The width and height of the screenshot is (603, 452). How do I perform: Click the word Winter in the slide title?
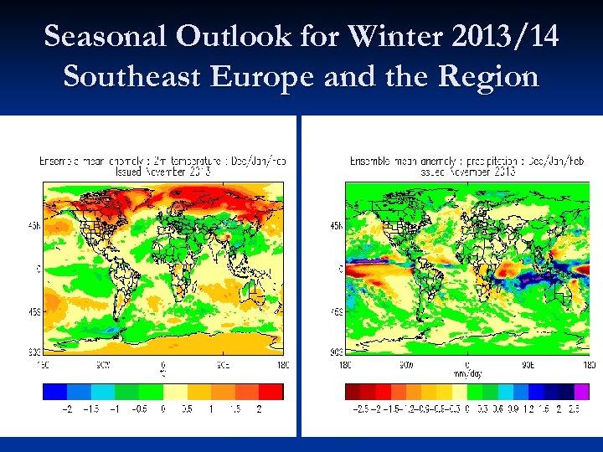(x=393, y=37)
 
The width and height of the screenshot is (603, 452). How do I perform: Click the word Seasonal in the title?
(x=106, y=37)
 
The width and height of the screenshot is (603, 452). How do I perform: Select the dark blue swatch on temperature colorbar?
(x=54, y=391)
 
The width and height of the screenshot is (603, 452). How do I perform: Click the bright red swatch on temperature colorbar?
(x=271, y=391)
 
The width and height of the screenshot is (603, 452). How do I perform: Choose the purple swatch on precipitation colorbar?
(x=581, y=391)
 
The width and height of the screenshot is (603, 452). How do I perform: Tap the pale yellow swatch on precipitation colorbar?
(x=460, y=391)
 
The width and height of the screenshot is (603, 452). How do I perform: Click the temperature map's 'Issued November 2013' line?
(x=163, y=171)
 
